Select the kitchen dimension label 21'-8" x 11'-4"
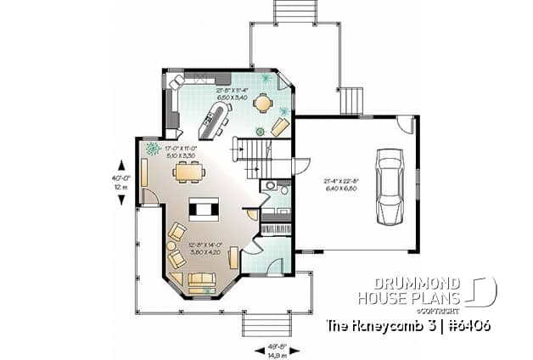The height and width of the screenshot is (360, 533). pos(231,93)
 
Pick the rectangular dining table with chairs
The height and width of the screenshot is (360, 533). pos(188,173)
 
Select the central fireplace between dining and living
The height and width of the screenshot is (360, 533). pos(205,208)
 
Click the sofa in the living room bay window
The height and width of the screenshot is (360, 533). pos(202,282)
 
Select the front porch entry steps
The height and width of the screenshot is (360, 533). pos(266,323)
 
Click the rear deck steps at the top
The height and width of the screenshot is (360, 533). pos(294,12)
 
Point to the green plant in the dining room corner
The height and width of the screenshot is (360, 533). pos(154,149)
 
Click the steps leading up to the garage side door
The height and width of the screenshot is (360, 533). pos(351,100)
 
